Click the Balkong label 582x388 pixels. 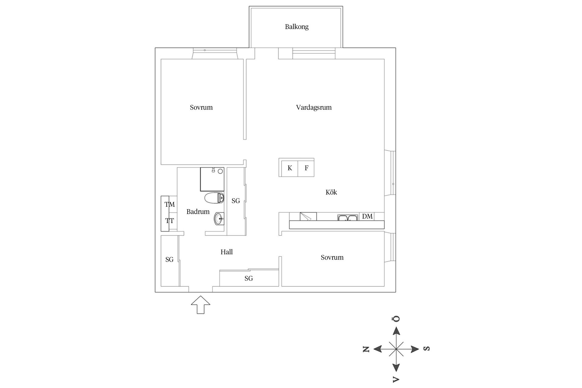pos(296,27)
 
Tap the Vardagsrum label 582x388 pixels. pos(314,107)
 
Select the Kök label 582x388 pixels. pos(331,192)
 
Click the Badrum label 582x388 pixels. pos(198,212)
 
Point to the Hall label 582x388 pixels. pos(226,252)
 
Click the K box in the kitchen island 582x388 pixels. pos(289,168)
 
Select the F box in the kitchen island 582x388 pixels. pos(306,168)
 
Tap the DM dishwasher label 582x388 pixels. pos(367,216)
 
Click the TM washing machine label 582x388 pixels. pos(169,205)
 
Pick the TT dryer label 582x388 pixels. pos(169,221)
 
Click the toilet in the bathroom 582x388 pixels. pos(214,198)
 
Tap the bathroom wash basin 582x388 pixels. pos(219,219)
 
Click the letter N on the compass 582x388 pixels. pos(366,349)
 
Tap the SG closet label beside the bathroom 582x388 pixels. pos(236,201)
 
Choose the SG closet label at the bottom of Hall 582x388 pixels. pos(249,278)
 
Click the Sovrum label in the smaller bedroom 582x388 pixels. pos(332,257)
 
